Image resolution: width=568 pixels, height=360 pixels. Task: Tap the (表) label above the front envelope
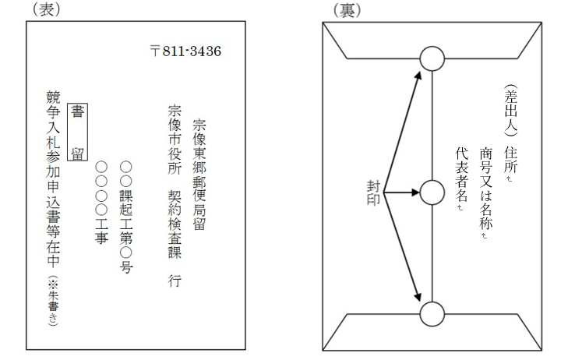tap(47, 9)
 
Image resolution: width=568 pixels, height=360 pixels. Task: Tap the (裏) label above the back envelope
tap(347, 10)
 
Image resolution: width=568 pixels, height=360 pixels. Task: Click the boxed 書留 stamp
tap(77, 132)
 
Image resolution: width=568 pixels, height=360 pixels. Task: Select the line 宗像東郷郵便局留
tap(199, 175)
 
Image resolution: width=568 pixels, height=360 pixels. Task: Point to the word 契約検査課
tap(175, 224)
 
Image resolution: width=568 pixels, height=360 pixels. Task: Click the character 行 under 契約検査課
tap(175, 281)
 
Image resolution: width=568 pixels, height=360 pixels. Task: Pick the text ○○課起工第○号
tap(126, 217)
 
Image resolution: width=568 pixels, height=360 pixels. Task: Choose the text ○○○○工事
tap(101, 203)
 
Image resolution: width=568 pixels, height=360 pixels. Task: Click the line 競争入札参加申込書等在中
tap(53, 179)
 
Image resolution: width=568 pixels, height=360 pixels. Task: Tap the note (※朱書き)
tap(53, 301)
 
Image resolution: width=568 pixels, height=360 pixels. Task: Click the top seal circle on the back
tap(432, 58)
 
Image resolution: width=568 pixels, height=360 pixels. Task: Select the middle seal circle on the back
tap(432, 192)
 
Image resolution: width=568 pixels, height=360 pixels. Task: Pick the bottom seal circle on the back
tap(432, 314)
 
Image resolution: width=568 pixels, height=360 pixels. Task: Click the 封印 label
tap(373, 192)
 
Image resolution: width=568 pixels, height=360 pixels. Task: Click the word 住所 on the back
tap(511, 160)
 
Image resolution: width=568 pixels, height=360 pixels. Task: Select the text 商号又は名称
tap(486, 189)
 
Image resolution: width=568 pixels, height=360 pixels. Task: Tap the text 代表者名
tap(462, 175)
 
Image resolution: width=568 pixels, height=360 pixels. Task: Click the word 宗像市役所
tap(175, 139)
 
